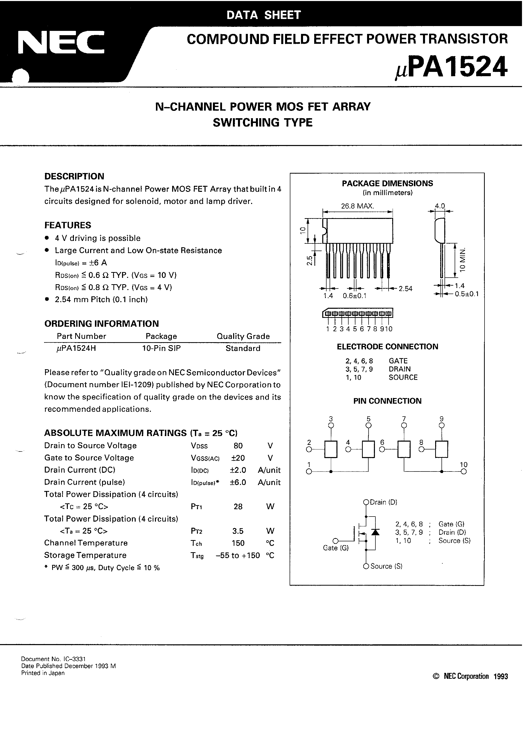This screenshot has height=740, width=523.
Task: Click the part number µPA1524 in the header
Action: [451, 67]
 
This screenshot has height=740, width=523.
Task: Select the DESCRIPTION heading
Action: [74, 176]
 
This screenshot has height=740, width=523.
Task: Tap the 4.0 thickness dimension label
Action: [440, 206]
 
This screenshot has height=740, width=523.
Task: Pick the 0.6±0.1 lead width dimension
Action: [355, 296]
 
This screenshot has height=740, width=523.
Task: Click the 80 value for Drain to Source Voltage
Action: [238, 446]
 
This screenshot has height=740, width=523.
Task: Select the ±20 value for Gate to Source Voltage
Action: [238, 458]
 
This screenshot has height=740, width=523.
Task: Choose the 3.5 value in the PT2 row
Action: [238, 531]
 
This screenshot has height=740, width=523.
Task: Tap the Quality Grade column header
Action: [243, 336]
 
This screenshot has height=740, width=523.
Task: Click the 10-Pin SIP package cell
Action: [161, 348]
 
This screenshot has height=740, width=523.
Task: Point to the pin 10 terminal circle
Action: [464, 471]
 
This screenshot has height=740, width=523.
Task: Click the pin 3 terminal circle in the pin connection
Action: [331, 425]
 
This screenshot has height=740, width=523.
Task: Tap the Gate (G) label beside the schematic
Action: [336, 548]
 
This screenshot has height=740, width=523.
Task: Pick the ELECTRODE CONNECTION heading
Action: [387, 347]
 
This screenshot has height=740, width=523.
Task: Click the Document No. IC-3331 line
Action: [53, 659]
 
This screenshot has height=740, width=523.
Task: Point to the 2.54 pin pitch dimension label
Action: [405, 289]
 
